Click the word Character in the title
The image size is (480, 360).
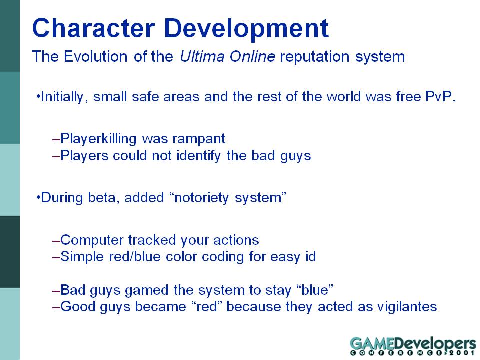(x=93, y=28)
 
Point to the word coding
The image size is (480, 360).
(x=223, y=257)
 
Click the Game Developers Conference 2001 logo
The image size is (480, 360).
(x=413, y=346)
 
